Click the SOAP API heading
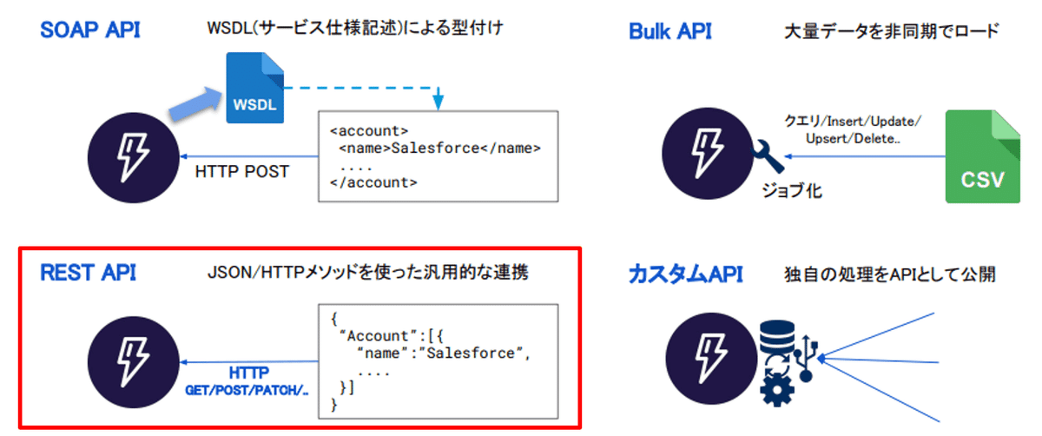tap(90, 30)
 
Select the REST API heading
tap(88, 273)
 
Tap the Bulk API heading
tap(669, 32)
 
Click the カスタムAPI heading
tap(685, 275)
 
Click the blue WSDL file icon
tap(254, 87)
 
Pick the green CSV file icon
tap(982, 156)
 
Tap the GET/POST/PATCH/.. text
tap(247, 391)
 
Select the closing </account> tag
tap(374, 183)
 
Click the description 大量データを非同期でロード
tap(891, 32)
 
